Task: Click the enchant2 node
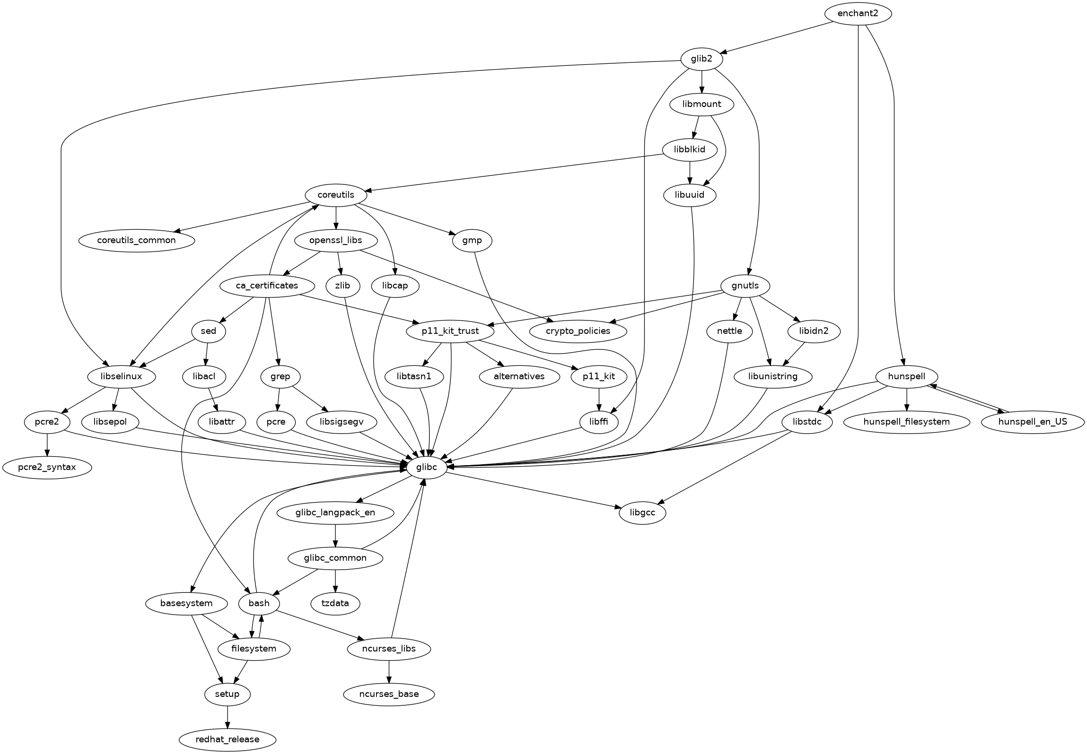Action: pyautogui.click(x=858, y=14)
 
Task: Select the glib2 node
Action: pyautogui.click(x=702, y=59)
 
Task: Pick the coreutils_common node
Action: pyautogui.click(x=136, y=240)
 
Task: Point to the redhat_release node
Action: pyautogui.click(x=228, y=739)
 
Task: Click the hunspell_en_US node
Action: pyautogui.click(x=1033, y=422)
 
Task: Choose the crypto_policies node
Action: pyautogui.click(x=578, y=331)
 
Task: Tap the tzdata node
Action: pyautogui.click(x=335, y=603)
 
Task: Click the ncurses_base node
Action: pyautogui.click(x=389, y=694)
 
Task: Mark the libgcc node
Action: pyautogui.click(x=642, y=512)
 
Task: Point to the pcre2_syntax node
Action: pyautogui.click(x=47, y=468)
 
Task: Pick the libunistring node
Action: pyautogui.click(x=773, y=376)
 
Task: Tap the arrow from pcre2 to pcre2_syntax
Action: pyautogui.click(x=47, y=444)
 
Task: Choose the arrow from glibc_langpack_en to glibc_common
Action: pyautogui.click(x=335, y=535)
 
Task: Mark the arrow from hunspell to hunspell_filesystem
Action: pyautogui.click(x=906, y=399)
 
